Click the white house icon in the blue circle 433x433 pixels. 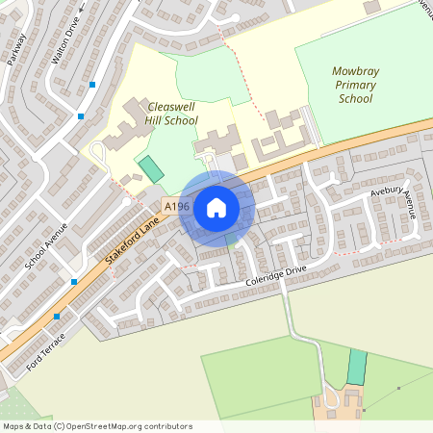point(216,207)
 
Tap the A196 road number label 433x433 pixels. point(176,207)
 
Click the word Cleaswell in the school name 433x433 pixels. point(173,106)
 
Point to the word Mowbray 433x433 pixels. point(356,71)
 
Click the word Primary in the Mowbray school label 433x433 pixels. point(355,85)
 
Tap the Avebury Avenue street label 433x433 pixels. point(393,202)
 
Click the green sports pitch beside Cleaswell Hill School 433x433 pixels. point(151,169)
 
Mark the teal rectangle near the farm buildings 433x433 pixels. point(357,368)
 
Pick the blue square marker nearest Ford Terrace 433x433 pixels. point(57,316)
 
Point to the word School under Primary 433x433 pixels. point(355,98)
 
